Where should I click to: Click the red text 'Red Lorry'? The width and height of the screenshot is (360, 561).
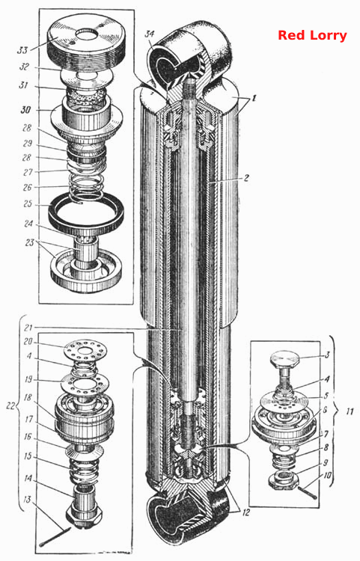pos(312,35)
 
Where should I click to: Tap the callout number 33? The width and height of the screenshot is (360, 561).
pos(23,49)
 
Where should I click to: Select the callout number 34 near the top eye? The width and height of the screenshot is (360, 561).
pos(150,34)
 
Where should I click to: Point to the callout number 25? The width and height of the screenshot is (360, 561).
pos(27,204)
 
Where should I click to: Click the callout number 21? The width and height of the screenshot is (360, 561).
pos(28,328)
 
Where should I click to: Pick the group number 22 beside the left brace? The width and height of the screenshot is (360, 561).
pos(10,405)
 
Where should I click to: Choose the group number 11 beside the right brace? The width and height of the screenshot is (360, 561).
pos(349,412)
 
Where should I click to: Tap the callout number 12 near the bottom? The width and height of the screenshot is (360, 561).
pos(245,513)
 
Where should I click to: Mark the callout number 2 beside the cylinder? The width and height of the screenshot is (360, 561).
pos(246,178)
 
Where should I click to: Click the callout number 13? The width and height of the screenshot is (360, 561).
pos(27,500)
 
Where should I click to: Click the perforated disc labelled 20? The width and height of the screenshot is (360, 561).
pos(84,349)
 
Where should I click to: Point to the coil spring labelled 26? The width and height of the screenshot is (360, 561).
pos(87,188)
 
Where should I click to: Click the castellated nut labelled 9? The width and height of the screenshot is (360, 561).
pos(284,479)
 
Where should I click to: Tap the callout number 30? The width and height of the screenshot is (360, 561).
pos(25,110)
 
